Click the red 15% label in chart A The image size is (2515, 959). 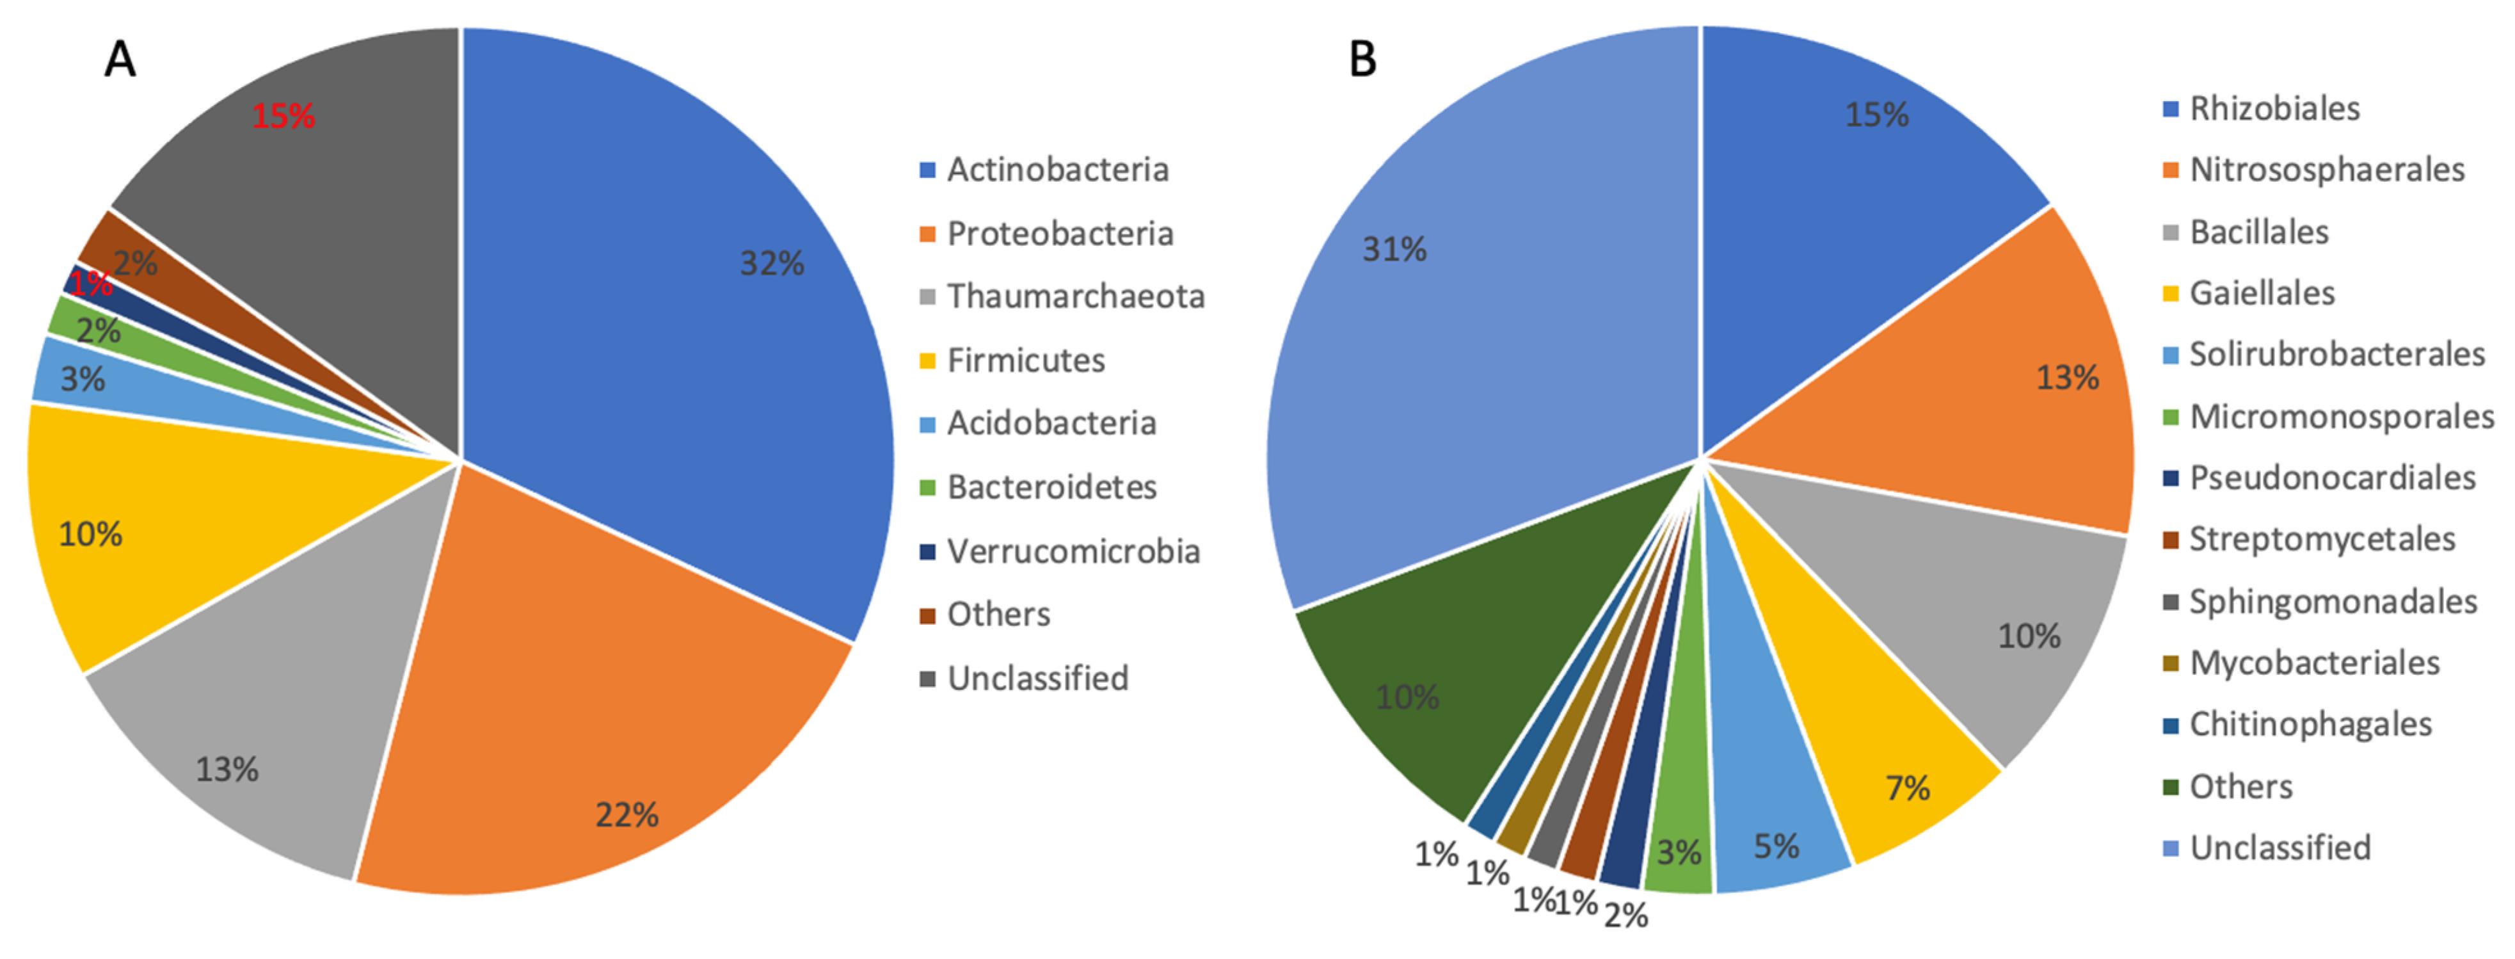[283, 117]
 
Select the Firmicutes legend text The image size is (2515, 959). [1025, 360]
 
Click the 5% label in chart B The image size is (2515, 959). [1776, 846]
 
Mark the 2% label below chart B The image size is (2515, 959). [1625, 916]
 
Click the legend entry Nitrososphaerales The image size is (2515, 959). [2326, 170]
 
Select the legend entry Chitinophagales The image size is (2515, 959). [2309, 725]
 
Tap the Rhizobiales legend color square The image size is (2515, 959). [2170, 109]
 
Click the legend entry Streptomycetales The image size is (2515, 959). [2320, 539]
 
